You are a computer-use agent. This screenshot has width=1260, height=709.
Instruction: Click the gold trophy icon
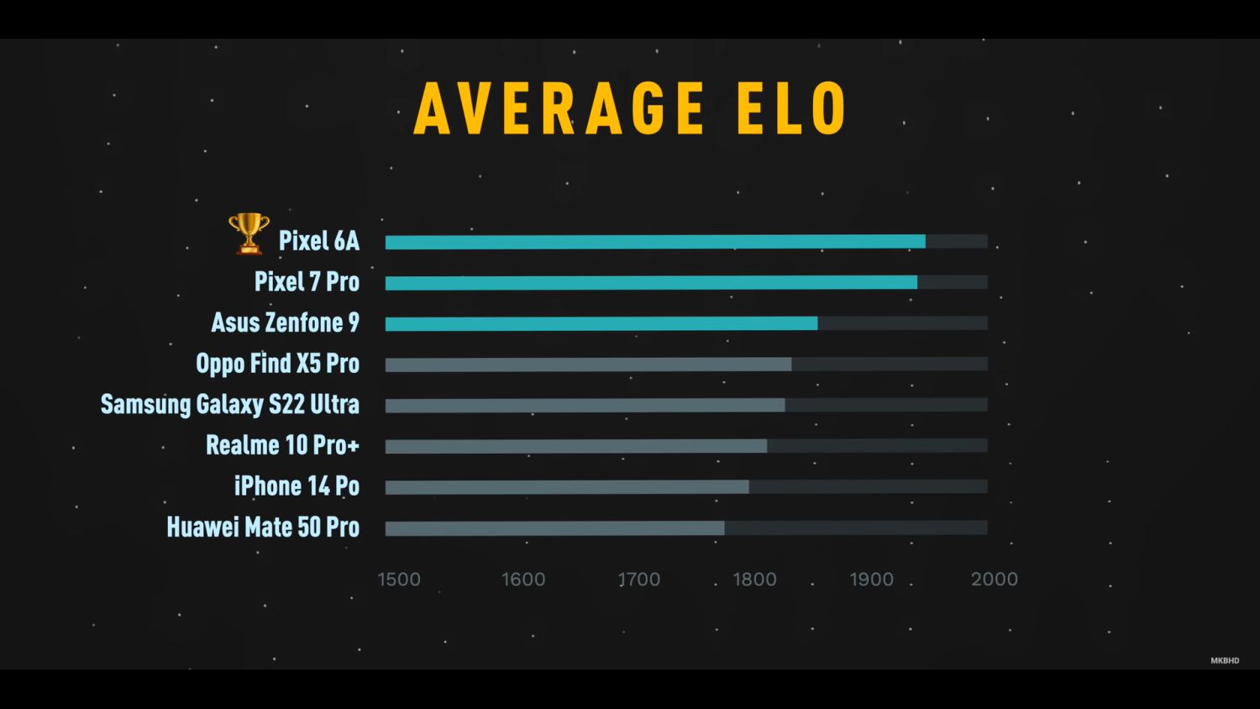[x=249, y=233]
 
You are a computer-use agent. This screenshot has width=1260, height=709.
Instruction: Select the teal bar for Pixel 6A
[x=655, y=242]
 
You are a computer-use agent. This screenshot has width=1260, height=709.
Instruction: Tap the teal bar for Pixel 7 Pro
[x=651, y=283]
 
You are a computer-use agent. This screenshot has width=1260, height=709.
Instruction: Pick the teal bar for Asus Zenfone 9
[x=601, y=323]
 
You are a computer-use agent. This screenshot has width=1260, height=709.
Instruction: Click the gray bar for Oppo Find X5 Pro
[x=588, y=365]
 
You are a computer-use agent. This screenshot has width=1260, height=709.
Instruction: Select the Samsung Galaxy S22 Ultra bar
[x=585, y=405]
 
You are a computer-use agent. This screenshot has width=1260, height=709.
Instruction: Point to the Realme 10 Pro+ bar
[x=576, y=446]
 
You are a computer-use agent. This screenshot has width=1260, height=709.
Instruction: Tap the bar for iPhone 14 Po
[x=567, y=487]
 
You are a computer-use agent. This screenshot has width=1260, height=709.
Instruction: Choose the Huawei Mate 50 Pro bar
[x=554, y=528]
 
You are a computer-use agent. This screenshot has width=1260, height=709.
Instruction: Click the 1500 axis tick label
[x=399, y=579]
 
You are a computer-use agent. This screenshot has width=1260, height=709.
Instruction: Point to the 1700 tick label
[x=639, y=579]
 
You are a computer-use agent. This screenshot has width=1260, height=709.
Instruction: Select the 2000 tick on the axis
[x=995, y=579]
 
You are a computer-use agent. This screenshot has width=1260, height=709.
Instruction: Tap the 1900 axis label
[x=871, y=579]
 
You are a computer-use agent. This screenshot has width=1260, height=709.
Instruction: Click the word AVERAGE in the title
[x=559, y=108]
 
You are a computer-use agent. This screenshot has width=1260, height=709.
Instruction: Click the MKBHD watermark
[x=1225, y=660]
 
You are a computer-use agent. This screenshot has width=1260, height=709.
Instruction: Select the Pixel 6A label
[x=319, y=241]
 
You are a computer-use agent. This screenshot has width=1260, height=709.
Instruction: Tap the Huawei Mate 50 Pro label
[x=263, y=528]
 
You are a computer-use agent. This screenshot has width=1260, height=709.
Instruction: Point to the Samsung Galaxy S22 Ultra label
[x=230, y=404]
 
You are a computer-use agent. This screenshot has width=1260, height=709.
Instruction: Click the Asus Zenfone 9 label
[x=285, y=323]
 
